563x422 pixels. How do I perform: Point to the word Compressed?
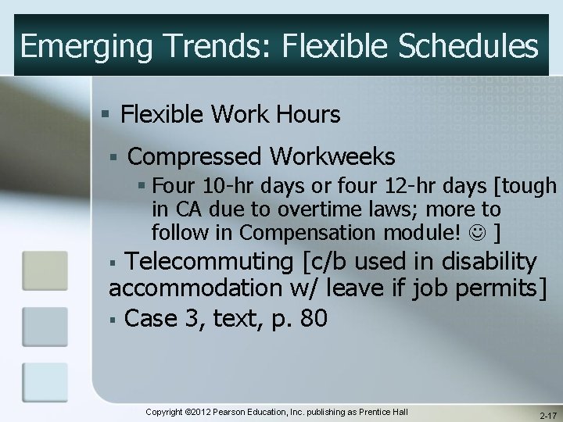pos(193,157)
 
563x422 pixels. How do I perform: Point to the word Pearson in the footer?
pos(247,412)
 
